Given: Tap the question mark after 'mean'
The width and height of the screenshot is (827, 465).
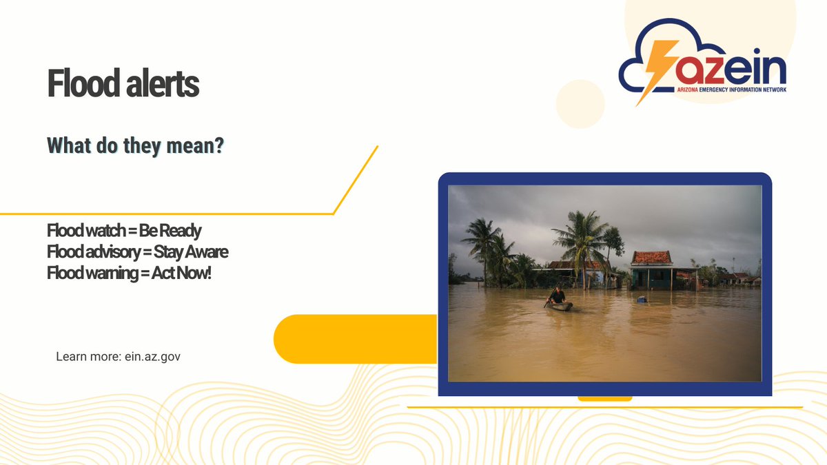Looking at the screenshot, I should (219, 146).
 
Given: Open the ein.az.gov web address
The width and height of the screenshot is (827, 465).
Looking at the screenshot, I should (152, 357).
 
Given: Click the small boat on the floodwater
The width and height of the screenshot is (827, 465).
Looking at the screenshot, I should (560, 306).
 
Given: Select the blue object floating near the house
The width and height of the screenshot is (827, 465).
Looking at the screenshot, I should (642, 299).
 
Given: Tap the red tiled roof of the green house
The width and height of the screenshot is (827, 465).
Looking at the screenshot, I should (651, 258).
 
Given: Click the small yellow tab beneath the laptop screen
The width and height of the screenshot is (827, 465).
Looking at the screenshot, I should (604, 398).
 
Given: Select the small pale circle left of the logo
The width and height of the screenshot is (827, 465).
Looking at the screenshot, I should (580, 104).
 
